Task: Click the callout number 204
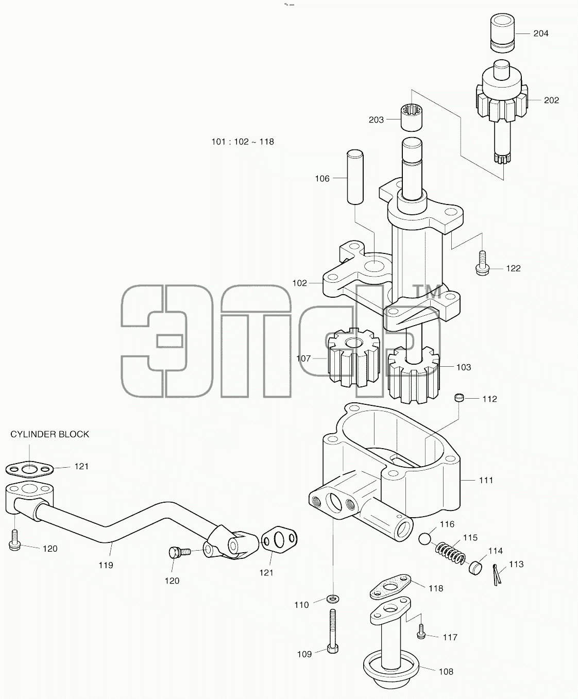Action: [x=541, y=33]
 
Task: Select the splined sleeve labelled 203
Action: [x=411, y=117]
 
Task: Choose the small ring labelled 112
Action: [x=459, y=398]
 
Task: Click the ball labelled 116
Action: [x=425, y=539]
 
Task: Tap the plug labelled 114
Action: [x=476, y=568]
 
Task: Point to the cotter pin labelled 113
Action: [x=497, y=574]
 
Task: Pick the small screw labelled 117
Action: [x=421, y=632]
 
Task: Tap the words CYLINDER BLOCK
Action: [x=50, y=434]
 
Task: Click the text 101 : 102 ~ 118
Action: [x=243, y=142]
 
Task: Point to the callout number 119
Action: [x=106, y=565]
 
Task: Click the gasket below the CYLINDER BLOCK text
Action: [x=29, y=470]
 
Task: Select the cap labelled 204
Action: [x=502, y=33]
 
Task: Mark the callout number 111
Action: [x=486, y=480]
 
